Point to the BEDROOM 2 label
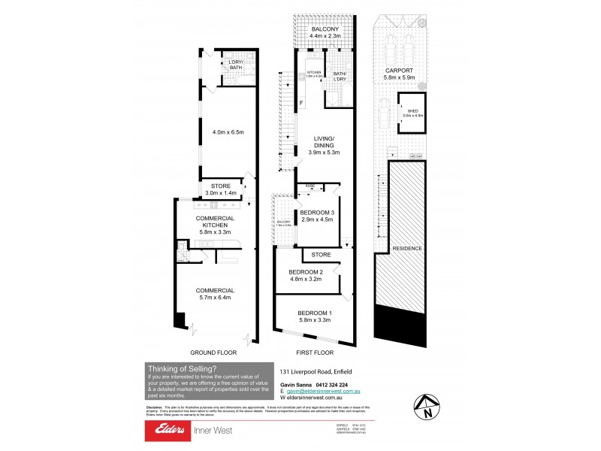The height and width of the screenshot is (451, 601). tap(305, 276)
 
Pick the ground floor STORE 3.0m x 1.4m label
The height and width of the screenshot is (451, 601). tap(221, 189)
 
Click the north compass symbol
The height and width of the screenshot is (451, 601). tap(426, 407)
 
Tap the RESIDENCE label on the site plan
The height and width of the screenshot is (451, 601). tap(405, 249)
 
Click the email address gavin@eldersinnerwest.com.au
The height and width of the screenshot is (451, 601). tap(325, 392)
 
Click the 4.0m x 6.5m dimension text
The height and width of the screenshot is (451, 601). tap(227, 133)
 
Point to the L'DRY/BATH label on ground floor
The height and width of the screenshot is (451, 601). tap(236, 65)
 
